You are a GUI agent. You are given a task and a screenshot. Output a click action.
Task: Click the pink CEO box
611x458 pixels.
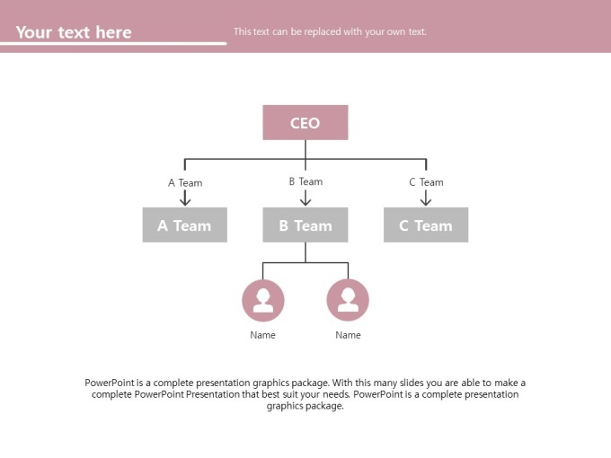tap(305, 122)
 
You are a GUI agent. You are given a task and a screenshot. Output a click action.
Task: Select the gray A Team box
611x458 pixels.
tap(185, 225)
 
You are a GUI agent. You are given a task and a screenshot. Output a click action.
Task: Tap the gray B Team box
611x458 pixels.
tap(305, 225)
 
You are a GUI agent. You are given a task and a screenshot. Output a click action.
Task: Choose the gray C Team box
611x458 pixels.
tap(426, 225)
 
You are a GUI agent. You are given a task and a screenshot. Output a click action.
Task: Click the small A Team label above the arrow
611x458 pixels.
tap(185, 182)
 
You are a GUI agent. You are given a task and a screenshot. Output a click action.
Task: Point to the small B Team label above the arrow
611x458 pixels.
tap(305, 181)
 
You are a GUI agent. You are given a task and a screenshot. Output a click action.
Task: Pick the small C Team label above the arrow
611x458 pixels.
tap(426, 182)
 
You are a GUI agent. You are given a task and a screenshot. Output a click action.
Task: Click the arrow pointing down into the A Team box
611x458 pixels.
tap(185, 198)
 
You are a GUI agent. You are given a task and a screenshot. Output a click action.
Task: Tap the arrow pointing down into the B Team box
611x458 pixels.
tap(305, 197)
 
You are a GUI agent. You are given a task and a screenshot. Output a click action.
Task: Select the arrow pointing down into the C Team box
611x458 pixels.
tap(426, 198)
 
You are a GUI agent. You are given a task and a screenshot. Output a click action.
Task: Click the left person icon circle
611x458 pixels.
tap(263, 300)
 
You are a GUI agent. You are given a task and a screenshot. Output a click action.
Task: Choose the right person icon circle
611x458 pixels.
tap(348, 300)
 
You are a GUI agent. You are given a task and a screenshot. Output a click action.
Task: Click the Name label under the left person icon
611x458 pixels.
tap(262, 335)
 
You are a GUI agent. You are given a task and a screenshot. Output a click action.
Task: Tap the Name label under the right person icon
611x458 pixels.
tap(348, 335)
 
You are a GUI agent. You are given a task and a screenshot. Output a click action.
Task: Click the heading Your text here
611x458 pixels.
tap(74, 32)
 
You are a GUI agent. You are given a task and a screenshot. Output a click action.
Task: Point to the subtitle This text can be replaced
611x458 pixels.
tap(330, 31)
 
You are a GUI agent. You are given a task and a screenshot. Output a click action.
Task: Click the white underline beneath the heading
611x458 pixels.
tap(113, 43)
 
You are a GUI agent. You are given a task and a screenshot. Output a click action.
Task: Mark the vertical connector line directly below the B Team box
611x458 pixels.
tap(305, 252)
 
